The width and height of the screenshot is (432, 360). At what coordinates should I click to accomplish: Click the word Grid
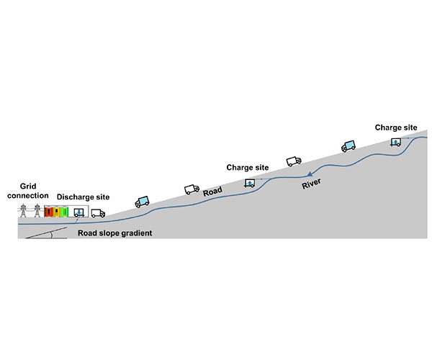28,186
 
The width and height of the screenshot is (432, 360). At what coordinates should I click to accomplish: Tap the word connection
28,196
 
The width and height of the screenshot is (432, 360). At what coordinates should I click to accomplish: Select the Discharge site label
83,197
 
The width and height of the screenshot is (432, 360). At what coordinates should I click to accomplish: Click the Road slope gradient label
114,233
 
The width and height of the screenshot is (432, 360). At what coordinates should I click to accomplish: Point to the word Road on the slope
212,191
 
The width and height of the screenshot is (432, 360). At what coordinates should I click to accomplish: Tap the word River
311,184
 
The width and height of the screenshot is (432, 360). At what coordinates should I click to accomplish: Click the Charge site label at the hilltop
396,127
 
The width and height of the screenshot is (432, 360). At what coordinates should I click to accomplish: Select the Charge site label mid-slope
248,168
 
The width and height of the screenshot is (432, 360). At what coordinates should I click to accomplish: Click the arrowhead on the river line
310,174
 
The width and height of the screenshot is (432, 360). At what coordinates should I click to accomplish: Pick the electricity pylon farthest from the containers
23,211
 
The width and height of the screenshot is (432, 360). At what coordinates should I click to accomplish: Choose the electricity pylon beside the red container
37,211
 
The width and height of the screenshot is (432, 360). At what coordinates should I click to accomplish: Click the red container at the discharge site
49,212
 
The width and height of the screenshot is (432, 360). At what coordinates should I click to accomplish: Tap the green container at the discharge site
65,212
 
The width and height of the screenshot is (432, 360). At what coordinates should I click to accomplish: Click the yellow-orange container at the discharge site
57,212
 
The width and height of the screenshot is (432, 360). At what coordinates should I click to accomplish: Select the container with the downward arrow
79,212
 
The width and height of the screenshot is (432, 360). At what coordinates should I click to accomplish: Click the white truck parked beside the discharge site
98,213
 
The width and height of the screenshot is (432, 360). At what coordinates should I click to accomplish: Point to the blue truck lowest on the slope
142,202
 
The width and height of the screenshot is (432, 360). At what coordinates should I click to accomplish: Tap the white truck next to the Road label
192,189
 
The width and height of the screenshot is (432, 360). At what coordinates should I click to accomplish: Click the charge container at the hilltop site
396,142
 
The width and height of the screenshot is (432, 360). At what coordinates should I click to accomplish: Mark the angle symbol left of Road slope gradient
51,235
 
